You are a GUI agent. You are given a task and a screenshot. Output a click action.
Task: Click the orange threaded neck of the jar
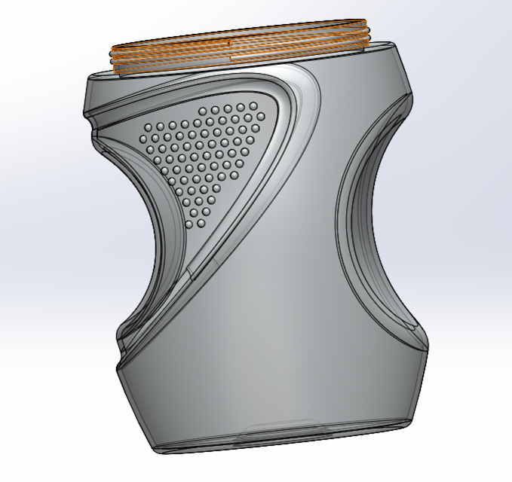coord(241,54)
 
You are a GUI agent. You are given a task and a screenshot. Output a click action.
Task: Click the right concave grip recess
coord(362,226)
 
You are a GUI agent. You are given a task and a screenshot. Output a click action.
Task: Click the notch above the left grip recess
coord(94,124)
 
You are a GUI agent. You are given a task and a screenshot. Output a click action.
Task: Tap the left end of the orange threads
coord(112,57)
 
